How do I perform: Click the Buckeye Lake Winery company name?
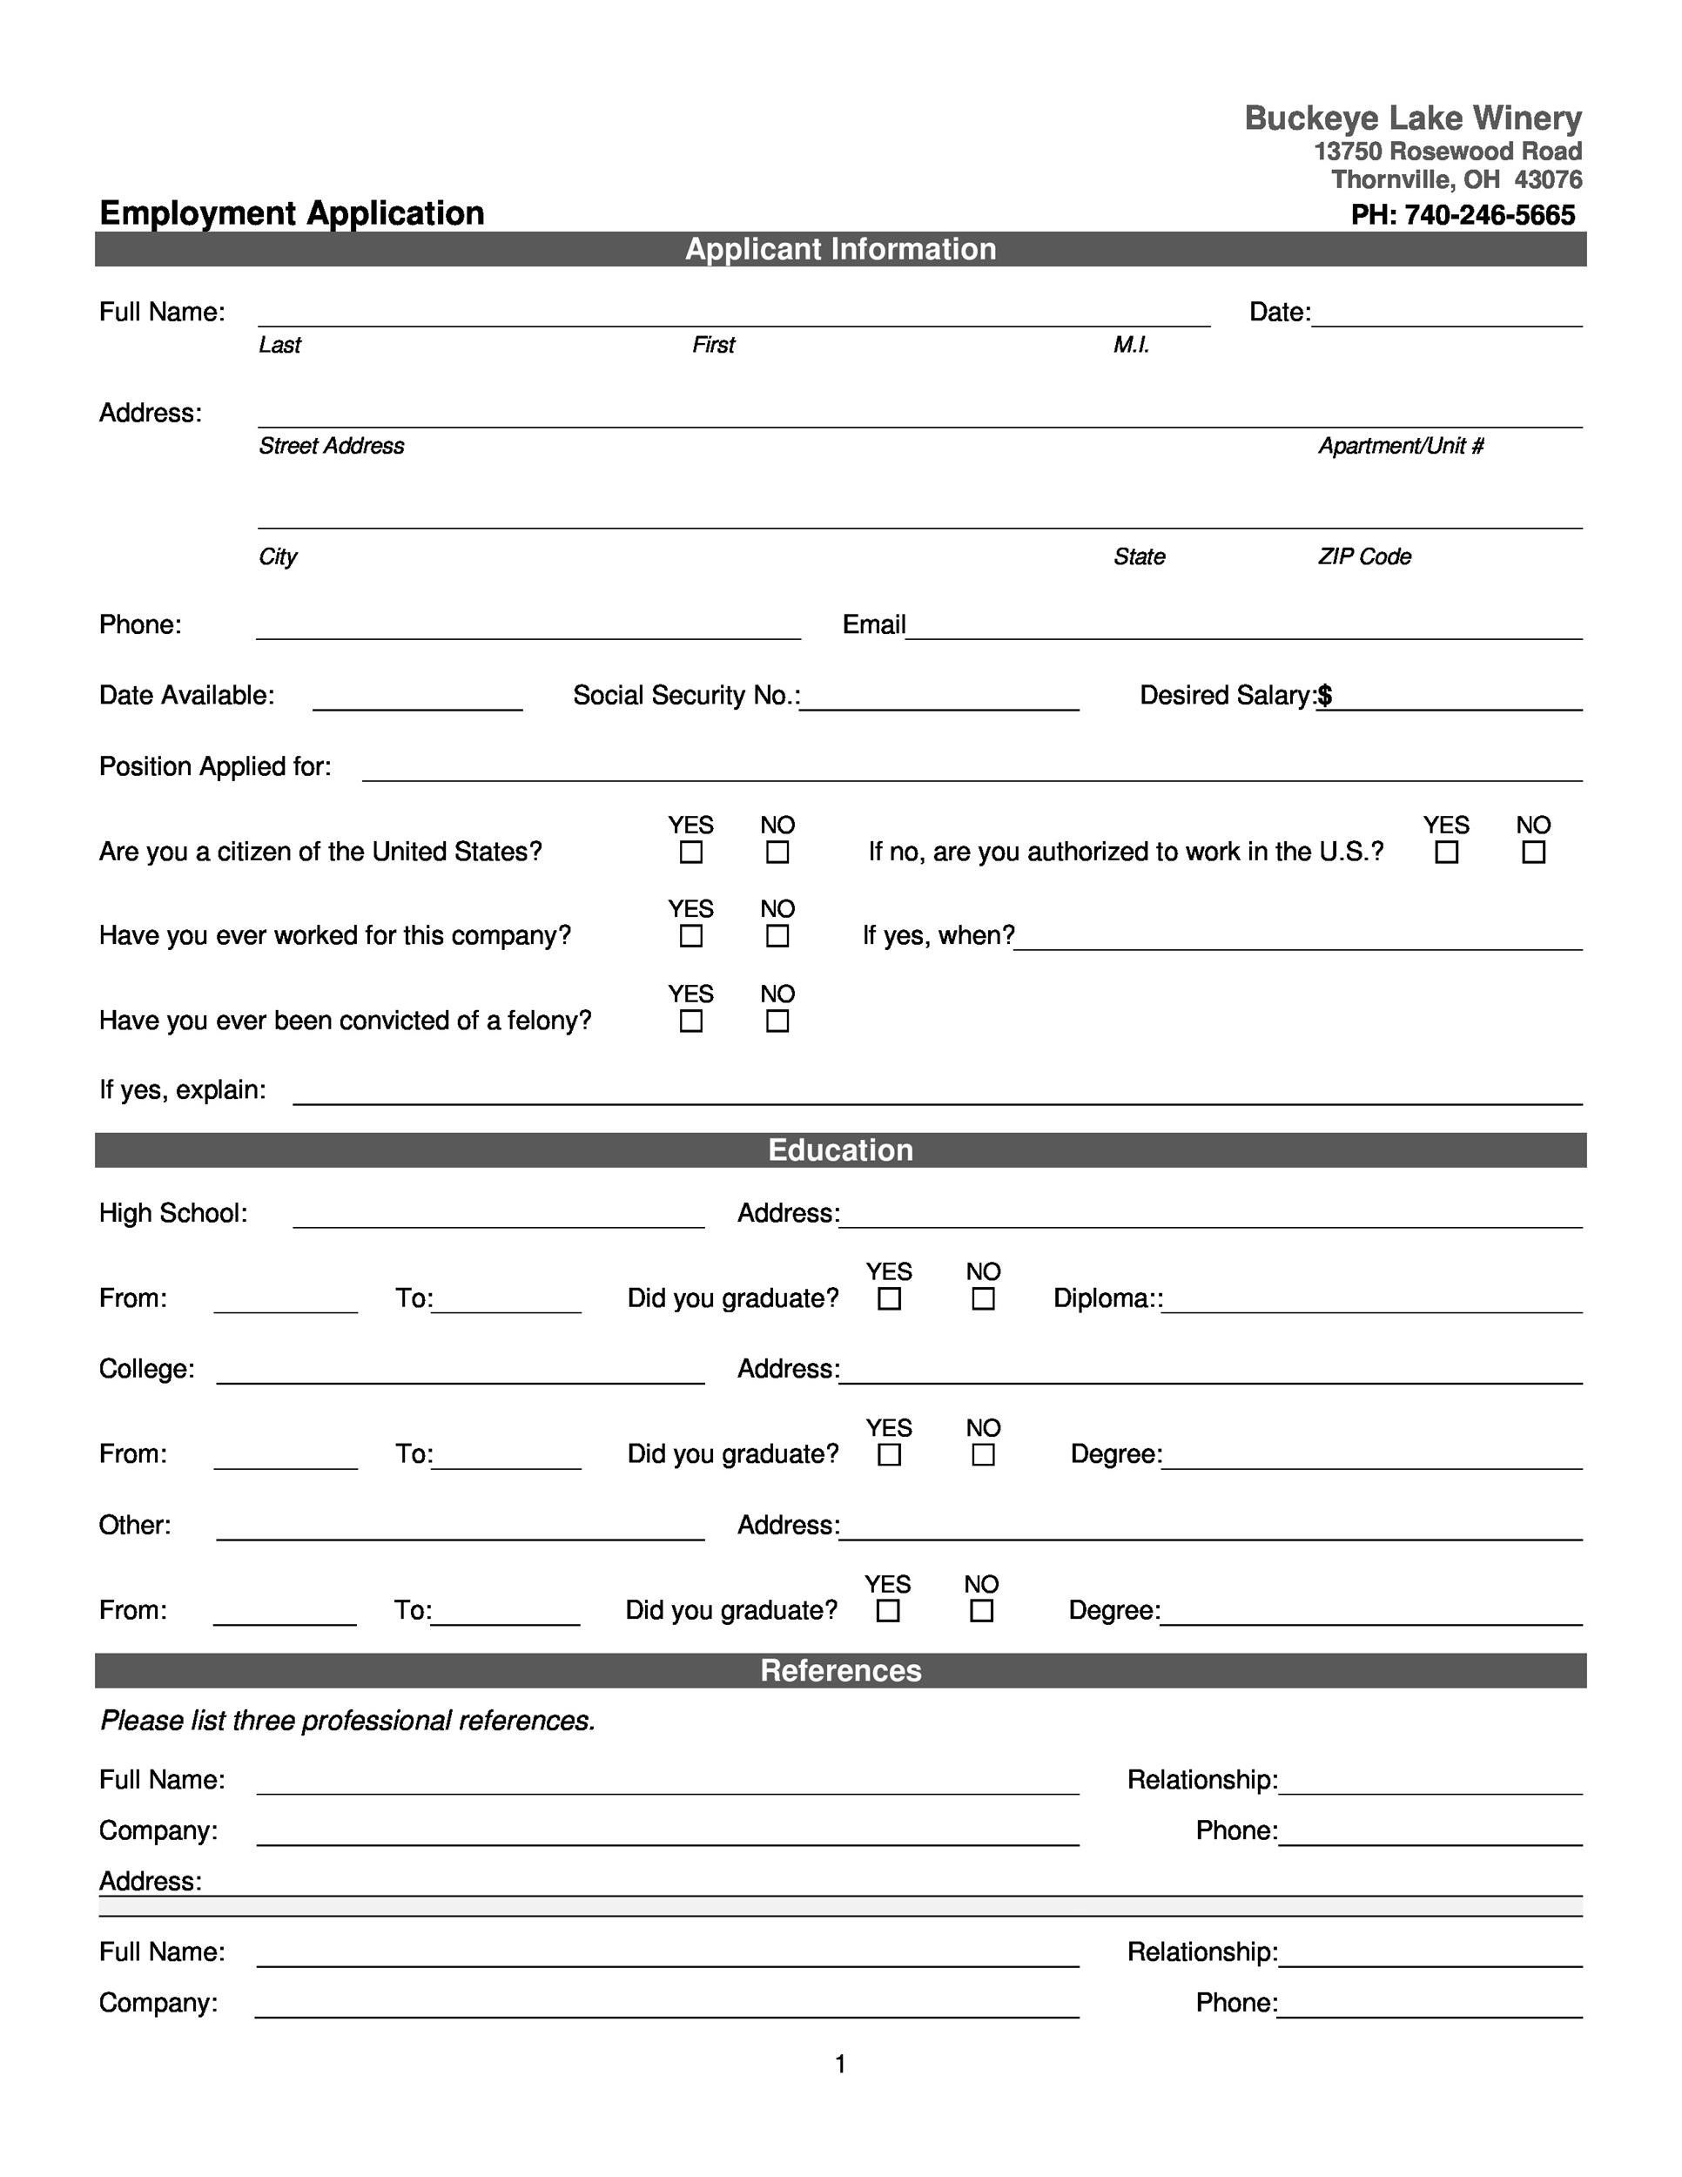1412,118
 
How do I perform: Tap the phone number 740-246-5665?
1489,215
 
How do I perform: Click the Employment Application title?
291,213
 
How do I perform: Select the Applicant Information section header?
840,249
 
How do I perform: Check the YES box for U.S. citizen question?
690,853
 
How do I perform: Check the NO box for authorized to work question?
1532,853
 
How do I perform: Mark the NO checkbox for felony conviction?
777,1021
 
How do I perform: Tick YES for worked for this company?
690,936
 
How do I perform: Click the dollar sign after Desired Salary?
1324,696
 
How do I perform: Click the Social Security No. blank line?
939,700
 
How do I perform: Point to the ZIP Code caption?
1363,557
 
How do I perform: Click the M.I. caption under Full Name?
1131,345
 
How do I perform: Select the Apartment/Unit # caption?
1400,446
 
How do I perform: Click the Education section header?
840,1150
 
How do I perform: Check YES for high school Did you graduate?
889,1299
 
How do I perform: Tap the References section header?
840,1670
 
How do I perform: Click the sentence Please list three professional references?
347,1722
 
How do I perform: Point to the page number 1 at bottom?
840,2064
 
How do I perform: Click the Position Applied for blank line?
972,772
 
